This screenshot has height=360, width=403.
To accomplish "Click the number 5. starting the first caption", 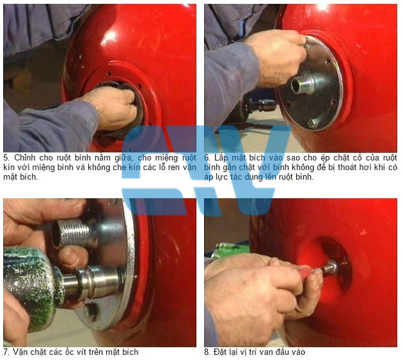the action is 6,157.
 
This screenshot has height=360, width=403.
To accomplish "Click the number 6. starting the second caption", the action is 207,157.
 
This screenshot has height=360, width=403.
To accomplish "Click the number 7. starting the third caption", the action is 6,352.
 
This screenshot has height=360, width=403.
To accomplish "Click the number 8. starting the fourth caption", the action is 207,352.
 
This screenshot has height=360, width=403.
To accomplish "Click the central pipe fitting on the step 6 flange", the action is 302,84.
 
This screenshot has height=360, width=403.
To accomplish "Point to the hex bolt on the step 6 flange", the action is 313,123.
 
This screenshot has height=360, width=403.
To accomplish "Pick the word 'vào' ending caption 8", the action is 299,352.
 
